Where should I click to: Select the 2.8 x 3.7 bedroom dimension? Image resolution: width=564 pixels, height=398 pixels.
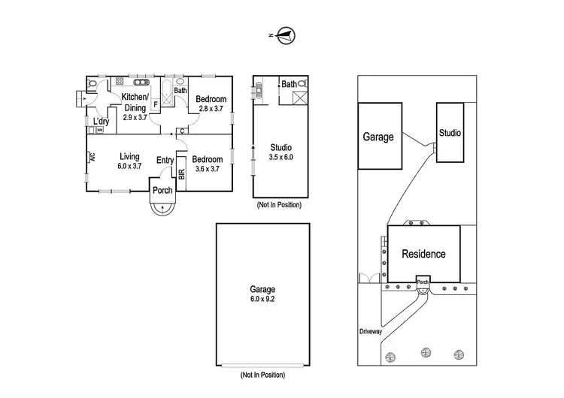coord(211,109)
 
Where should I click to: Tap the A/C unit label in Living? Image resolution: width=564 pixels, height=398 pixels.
coord(92,158)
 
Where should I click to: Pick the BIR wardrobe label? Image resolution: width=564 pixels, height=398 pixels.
coord(182,174)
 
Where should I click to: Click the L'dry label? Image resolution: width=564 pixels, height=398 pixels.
coord(101,122)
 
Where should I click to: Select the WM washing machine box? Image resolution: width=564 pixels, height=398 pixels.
coord(99,131)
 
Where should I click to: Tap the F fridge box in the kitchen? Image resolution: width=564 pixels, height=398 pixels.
coord(155,105)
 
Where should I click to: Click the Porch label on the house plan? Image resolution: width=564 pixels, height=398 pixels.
coord(163,190)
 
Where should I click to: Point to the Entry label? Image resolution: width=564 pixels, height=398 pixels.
coord(165,160)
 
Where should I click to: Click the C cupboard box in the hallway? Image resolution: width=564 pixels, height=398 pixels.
coord(183,131)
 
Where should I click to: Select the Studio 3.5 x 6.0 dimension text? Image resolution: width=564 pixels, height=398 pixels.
coord(280,157)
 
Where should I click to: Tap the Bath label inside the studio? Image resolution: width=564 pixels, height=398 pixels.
coord(289,85)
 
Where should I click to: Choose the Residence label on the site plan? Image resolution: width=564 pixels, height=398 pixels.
coord(423,254)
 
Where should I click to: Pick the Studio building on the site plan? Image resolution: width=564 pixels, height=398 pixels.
coord(450,133)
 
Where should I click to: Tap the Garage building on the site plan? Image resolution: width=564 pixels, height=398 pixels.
coord(378,137)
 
